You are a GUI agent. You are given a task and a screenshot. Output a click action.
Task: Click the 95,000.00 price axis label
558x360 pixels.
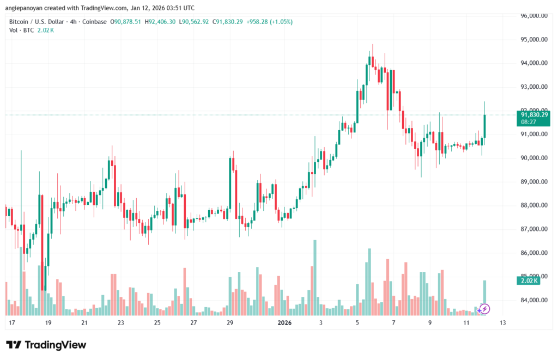coord(533,39)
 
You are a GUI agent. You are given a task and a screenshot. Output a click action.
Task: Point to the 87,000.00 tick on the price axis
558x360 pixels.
coord(533,229)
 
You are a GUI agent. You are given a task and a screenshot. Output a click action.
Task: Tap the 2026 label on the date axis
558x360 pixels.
coord(284,323)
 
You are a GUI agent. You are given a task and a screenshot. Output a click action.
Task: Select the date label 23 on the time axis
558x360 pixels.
coord(120,323)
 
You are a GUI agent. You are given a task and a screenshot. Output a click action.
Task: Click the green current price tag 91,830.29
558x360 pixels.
coord(533,114)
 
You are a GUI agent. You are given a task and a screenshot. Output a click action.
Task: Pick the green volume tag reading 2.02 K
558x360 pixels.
coord(526,280)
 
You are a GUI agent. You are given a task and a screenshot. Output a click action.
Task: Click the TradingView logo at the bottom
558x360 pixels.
coord(46,345)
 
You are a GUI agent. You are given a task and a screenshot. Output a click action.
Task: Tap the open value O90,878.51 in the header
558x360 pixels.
coord(126,22)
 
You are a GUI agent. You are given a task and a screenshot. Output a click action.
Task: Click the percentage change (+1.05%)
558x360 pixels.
coord(280,22)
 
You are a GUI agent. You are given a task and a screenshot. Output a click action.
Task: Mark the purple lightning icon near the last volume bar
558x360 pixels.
coord(484,309)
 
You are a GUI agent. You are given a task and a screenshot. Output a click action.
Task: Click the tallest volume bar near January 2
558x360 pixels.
coord(314,278)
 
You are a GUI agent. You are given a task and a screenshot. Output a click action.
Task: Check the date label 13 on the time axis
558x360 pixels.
coord(502,323)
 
